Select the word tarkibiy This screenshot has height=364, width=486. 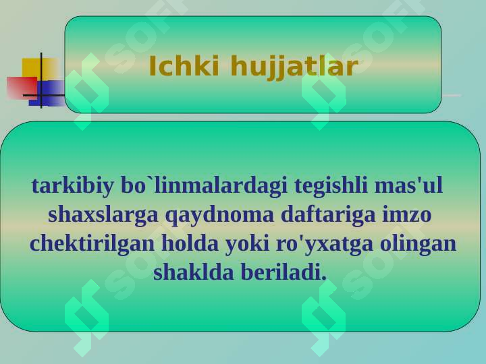(72, 186)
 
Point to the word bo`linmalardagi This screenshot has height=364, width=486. (204, 186)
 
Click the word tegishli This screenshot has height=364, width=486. (331, 186)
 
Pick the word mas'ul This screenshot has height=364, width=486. (408, 185)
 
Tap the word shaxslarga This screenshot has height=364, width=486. (103, 215)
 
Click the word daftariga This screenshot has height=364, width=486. (328, 215)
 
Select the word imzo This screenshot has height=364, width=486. (406, 214)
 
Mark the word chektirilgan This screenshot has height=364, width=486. (92, 243)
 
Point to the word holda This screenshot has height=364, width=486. (190, 243)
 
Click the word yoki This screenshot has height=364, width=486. (247, 244)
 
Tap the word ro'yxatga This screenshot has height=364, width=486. (325, 244)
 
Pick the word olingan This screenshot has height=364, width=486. (418, 244)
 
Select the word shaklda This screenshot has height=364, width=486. (194, 272)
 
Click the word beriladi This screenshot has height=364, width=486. (283, 272)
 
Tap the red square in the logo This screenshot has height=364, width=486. (22, 88)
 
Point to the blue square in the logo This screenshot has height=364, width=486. (47, 94)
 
